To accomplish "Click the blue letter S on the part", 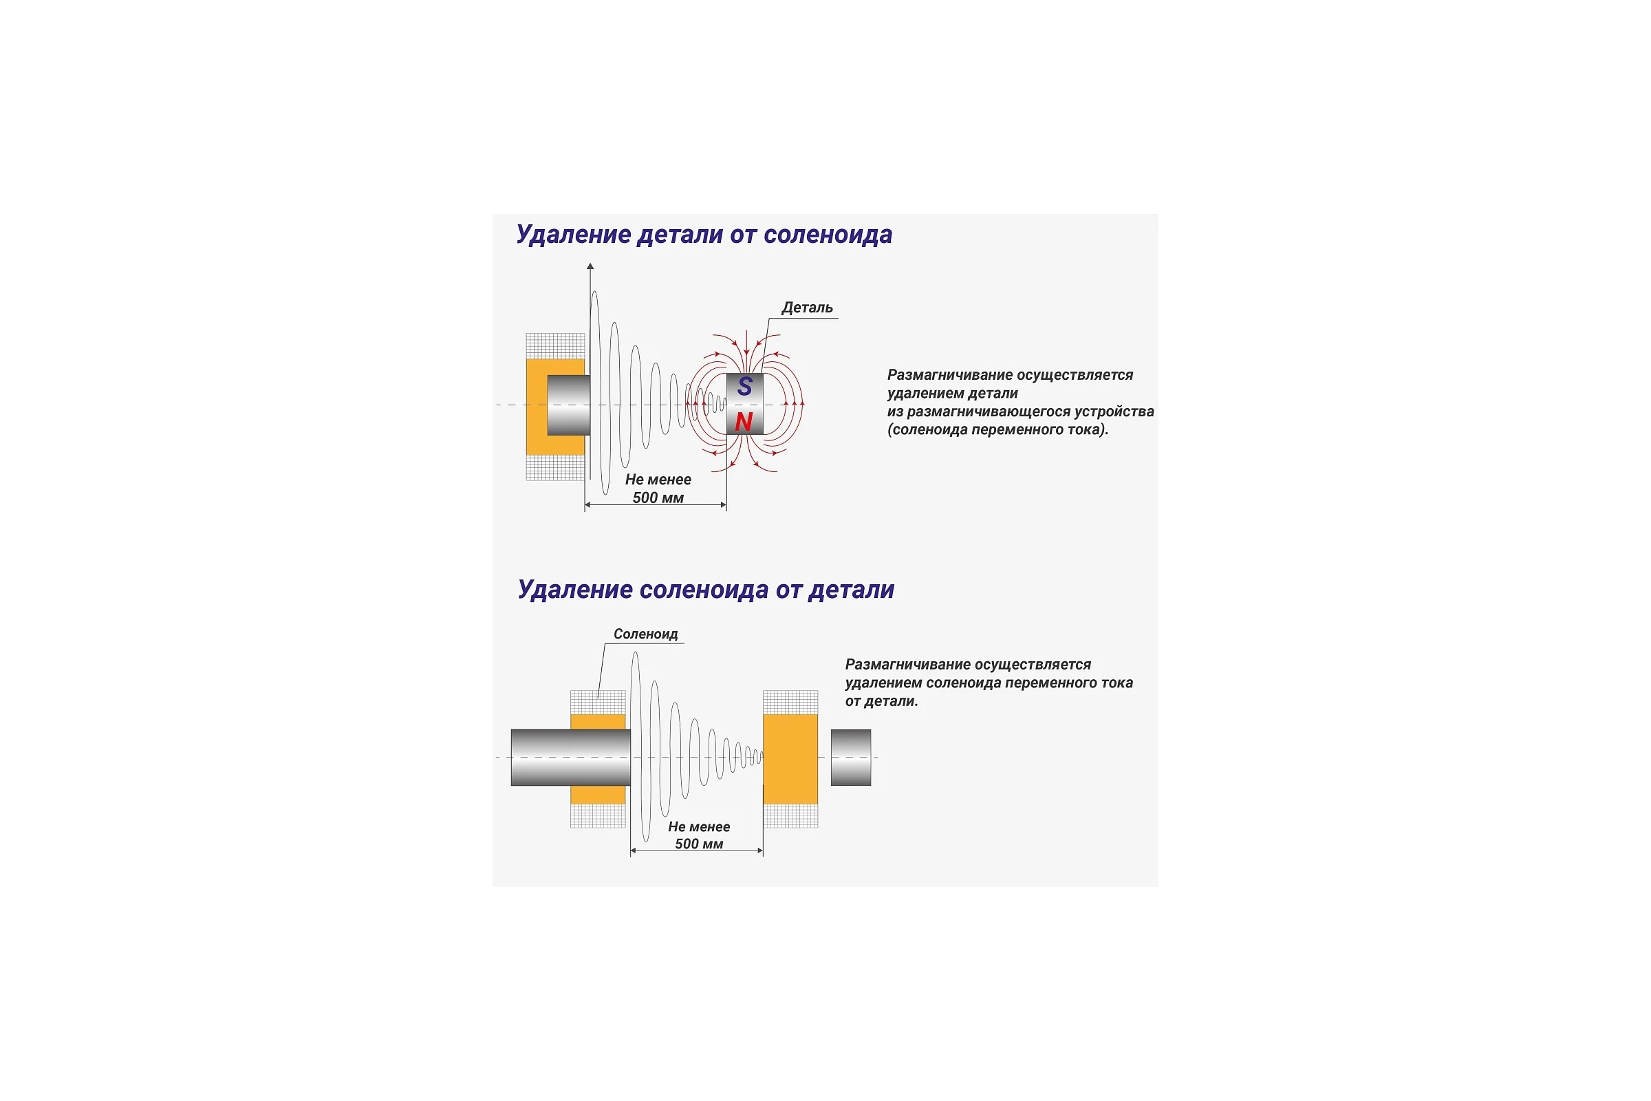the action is pos(745,386).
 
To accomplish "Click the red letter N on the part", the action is pos(744,422).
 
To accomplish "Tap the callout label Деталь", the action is pos(807,308).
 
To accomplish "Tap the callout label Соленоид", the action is pos(646,634).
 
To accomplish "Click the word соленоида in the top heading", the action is pos(829,235).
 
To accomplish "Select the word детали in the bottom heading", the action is pos(852,590).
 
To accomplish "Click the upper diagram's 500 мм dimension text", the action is pos(658,498).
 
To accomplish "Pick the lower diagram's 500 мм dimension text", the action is pos(699,844).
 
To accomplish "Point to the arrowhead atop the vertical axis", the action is pos(590,266).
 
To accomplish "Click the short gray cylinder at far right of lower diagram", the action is pos(851,758).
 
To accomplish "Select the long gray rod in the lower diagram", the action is pos(571,758).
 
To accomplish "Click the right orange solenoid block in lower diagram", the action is pos(790,759).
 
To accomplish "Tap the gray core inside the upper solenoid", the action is pos(569,405).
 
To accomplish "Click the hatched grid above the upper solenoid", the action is pos(555,346).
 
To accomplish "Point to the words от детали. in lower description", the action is pos(882,701).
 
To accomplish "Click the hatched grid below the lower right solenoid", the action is pos(790,816).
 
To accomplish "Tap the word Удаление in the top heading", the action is pos(574,235).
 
